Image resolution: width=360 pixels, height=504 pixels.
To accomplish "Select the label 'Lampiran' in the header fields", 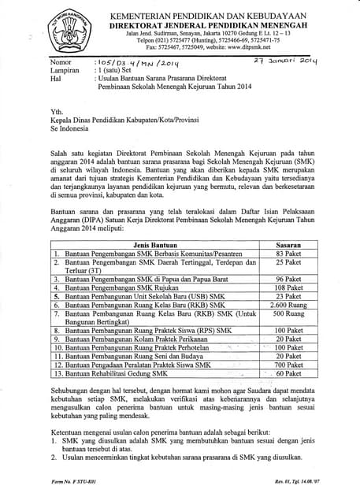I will point(63,69).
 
